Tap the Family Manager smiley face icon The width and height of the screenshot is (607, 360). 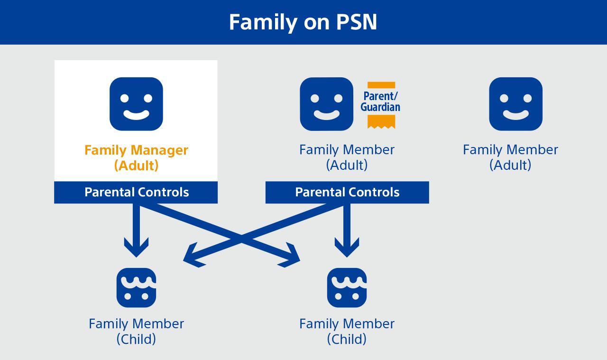tap(136, 104)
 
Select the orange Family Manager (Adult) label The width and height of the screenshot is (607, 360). tap(136, 157)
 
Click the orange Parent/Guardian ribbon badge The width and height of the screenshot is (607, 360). tap(381, 104)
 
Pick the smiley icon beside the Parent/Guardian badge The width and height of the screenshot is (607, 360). tap(326, 104)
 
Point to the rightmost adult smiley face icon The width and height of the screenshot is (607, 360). tap(515, 104)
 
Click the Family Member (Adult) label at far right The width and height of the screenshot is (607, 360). tap(510, 157)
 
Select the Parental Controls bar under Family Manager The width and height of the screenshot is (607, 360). tap(136, 192)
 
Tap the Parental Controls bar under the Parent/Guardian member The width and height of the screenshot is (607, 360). tap(347, 192)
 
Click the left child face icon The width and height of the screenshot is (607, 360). tap(136, 287)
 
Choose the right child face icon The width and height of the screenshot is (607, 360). tap(347, 287)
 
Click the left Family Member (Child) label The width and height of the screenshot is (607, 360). tap(136, 331)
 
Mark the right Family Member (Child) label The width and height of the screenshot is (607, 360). tap(347, 331)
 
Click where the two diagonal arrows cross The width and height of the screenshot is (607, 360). tap(242, 238)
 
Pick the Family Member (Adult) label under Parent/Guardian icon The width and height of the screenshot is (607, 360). tap(347, 157)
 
